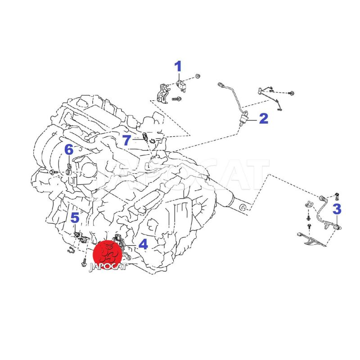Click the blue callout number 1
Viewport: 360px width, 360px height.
[178, 66]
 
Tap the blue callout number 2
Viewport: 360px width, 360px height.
[264, 118]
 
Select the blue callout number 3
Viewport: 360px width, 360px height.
[337, 209]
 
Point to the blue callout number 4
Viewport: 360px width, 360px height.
[143, 244]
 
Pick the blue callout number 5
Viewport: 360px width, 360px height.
[75, 218]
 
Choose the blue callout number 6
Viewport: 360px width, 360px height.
[69, 150]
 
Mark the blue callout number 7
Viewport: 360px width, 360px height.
[126, 140]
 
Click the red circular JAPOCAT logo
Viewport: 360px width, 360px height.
[107, 255]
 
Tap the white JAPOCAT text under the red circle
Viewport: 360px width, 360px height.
[108, 267]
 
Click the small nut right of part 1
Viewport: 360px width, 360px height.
[198, 76]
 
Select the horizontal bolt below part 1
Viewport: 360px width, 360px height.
[176, 99]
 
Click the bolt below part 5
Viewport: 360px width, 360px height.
[84, 262]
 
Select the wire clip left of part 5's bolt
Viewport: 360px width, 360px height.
[71, 250]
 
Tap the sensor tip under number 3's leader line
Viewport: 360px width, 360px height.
[337, 227]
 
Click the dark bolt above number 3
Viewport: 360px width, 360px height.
[337, 196]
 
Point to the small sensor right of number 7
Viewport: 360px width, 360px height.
[152, 142]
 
